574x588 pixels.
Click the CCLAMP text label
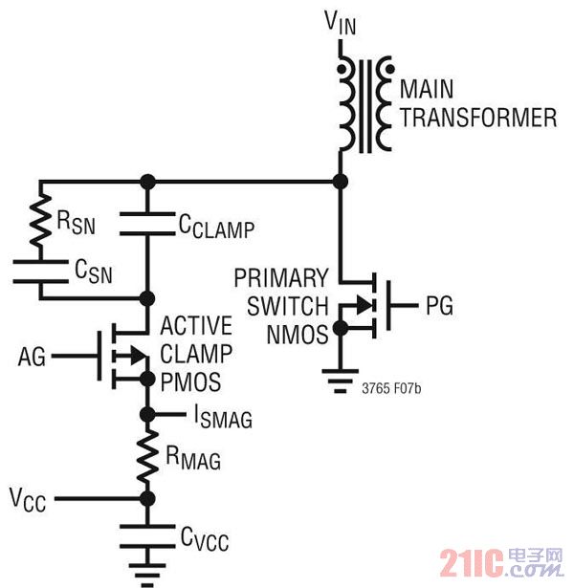tap(217, 228)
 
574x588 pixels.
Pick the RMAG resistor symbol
tap(146, 457)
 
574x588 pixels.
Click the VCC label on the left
tap(28, 498)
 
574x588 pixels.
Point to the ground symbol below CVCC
tap(146, 572)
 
